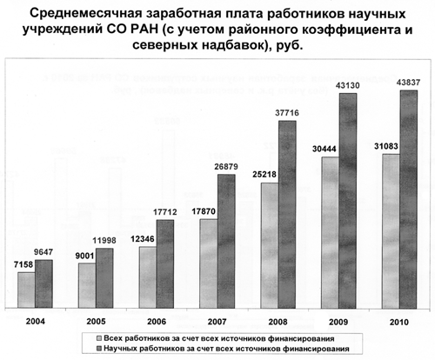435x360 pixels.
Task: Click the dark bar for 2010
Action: [x=409, y=199]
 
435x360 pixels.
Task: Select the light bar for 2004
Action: [x=26, y=290]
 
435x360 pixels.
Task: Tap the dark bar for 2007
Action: [x=226, y=241]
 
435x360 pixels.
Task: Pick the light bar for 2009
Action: [x=331, y=232]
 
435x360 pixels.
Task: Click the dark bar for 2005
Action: [x=104, y=278]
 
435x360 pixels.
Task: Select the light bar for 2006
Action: [x=148, y=277]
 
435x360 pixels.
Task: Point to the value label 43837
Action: [x=408, y=83]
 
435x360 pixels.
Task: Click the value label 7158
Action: [x=23, y=264]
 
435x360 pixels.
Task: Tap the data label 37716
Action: [x=287, y=113]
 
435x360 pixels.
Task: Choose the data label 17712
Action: [x=165, y=212]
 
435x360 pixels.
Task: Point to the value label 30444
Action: [x=325, y=149]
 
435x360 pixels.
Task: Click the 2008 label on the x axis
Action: [x=278, y=322]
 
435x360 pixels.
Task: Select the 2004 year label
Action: [x=36, y=322]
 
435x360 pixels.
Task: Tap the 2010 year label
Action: [x=399, y=322]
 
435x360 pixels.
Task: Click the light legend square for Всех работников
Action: [x=99, y=338]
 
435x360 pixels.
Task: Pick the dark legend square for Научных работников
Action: [x=99, y=348]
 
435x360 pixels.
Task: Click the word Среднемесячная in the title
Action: [x=85, y=14]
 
